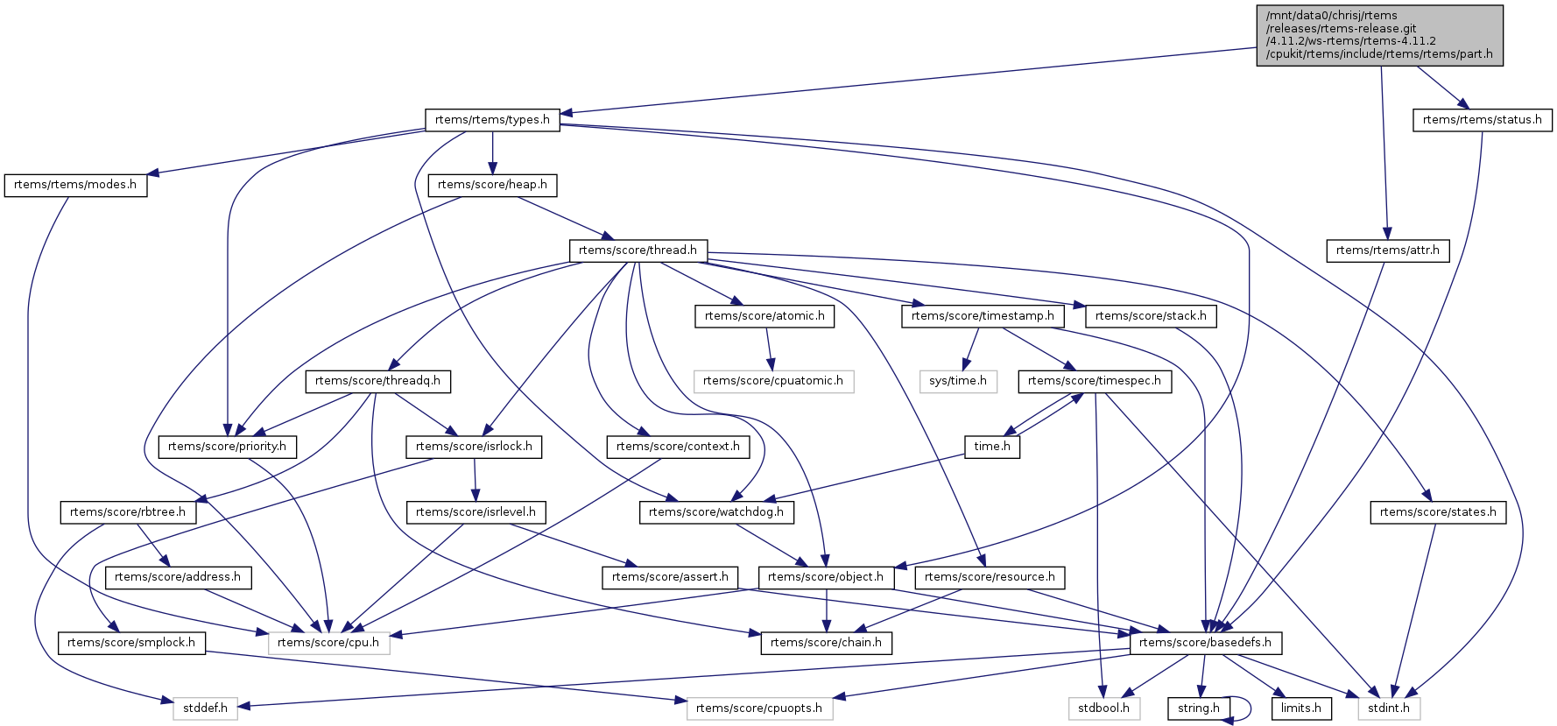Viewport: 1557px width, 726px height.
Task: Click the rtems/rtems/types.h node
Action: click(492, 120)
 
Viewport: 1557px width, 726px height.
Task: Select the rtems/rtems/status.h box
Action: click(1482, 120)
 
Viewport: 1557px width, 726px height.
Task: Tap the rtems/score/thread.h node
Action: click(638, 250)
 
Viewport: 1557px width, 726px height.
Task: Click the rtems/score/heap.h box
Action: click(492, 185)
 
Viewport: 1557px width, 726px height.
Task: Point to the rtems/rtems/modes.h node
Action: click(75, 185)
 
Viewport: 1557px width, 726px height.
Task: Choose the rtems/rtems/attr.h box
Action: click(1387, 250)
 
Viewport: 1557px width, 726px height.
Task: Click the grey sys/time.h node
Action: click(958, 381)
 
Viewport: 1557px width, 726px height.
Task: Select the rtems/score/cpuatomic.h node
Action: click(772, 381)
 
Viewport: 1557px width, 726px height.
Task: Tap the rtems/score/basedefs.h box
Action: click(1205, 643)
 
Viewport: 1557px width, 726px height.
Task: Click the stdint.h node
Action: click(1389, 708)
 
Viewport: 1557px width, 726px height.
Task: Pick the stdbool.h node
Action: click(1103, 708)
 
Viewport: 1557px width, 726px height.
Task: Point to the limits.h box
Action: click(1300, 708)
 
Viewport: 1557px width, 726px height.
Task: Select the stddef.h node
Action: click(205, 708)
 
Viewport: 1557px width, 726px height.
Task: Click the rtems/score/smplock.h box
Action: click(131, 643)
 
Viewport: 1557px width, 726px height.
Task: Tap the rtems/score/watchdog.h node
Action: click(716, 512)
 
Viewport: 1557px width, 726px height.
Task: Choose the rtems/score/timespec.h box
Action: click(1094, 381)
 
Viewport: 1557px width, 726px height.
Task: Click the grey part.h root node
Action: click(1379, 35)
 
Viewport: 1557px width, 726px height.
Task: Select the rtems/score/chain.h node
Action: click(826, 643)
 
